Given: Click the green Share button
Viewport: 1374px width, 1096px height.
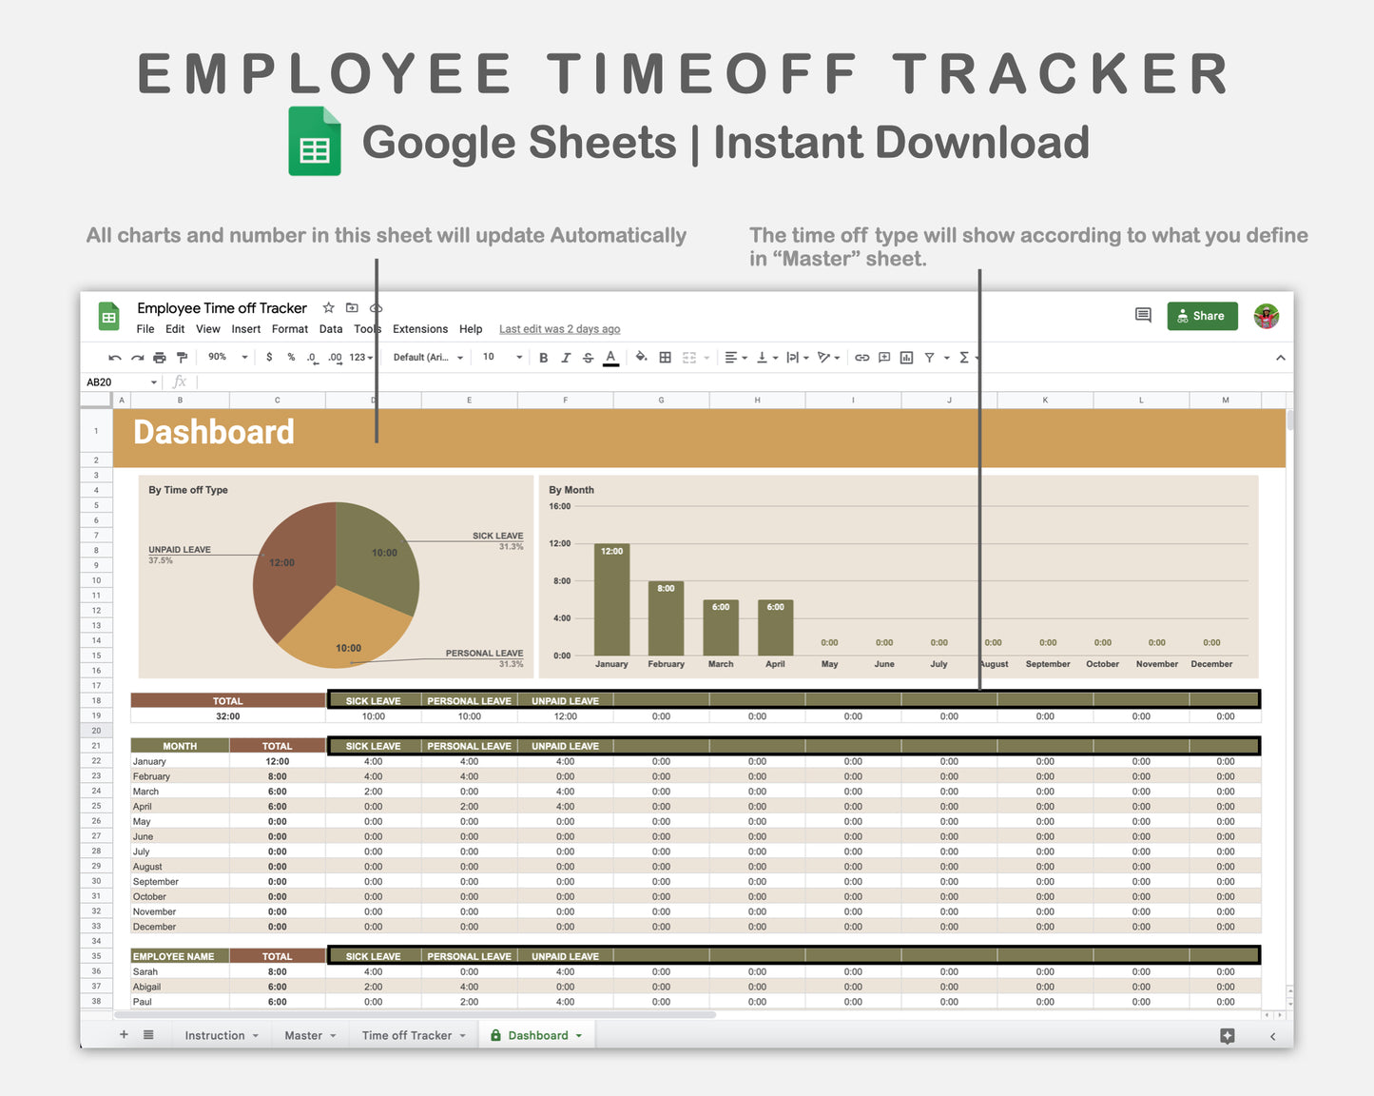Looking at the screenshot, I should pos(1202,316).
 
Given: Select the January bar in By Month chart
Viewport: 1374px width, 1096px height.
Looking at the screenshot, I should pos(611,599).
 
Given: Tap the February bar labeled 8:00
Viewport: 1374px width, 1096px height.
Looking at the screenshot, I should pos(666,618).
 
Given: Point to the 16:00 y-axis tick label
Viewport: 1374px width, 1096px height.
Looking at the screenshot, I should pos(559,506).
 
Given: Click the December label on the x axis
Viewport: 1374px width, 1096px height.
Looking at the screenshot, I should pos(1211,664).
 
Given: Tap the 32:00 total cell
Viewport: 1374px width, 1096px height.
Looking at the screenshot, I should pos(227,716).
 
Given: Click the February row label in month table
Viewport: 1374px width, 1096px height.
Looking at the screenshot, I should pos(151,776).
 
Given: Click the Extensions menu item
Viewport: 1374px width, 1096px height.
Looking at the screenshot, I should pos(419,329).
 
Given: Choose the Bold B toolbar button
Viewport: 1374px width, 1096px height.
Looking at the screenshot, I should pos(543,358).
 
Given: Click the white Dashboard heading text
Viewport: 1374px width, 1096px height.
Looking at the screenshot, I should pos(214,433).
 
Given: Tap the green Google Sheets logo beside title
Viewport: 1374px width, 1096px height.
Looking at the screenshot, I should pos(315,142).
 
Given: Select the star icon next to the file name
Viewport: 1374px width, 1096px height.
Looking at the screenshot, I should pos(328,307).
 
